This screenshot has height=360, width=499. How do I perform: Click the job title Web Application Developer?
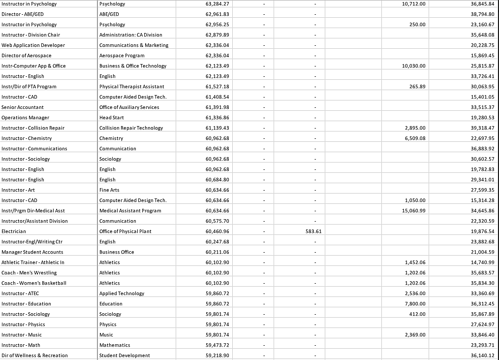[x=32, y=45]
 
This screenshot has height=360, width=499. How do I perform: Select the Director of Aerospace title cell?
[x=27, y=56]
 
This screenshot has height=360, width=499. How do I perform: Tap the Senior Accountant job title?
[x=23, y=107]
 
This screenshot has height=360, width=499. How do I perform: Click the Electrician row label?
[x=14, y=231]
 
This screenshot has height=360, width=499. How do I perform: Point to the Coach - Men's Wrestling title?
[x=29, y=273]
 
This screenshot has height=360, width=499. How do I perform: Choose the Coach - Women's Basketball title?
[x=34, y=283]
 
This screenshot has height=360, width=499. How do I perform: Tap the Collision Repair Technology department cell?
[x=131, y=128]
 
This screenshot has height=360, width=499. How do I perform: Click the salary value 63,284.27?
[x=218, y=4]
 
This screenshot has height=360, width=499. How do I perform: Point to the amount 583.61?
[x=313, y=231]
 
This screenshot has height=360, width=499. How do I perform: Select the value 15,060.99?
[x=414, y=211]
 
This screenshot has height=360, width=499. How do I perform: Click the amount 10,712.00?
[x=414, y=4]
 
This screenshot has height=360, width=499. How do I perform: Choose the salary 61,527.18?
[x=218, y=87]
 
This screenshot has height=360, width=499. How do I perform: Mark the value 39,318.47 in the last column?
[x=482, y=128]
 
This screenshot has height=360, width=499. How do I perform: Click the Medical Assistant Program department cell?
[x=130, y=211]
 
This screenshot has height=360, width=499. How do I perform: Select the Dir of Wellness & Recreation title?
[x=34, y=356]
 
